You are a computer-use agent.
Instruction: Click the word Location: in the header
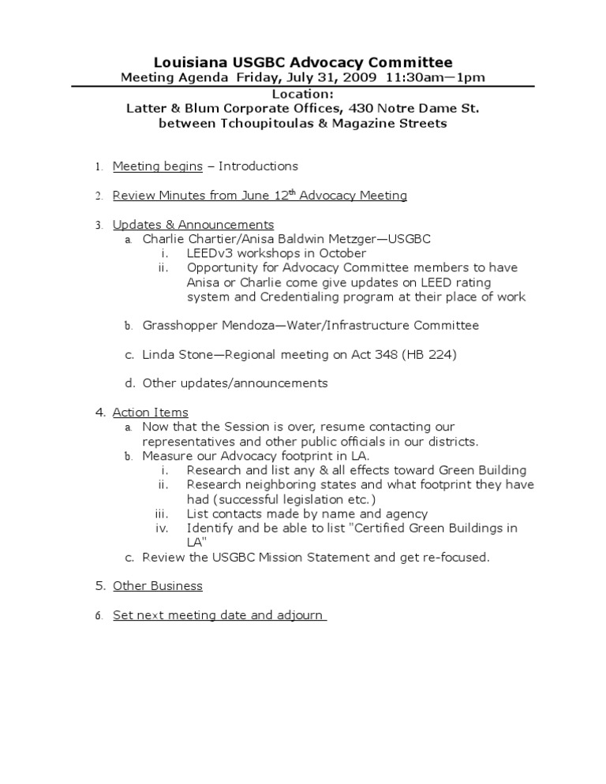[303, 93]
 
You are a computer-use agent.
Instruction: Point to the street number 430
[351, 108]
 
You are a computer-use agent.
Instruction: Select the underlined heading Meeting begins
[158, 166]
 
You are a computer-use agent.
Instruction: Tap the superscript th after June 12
[293, 192]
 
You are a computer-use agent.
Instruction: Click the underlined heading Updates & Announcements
[193, 225]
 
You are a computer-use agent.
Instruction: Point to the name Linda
[159, 354]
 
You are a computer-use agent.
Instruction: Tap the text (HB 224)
[428, 354]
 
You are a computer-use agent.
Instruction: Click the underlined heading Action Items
[151, 413]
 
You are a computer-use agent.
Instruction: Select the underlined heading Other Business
[158, 586]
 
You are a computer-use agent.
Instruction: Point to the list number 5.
[99, 586]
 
